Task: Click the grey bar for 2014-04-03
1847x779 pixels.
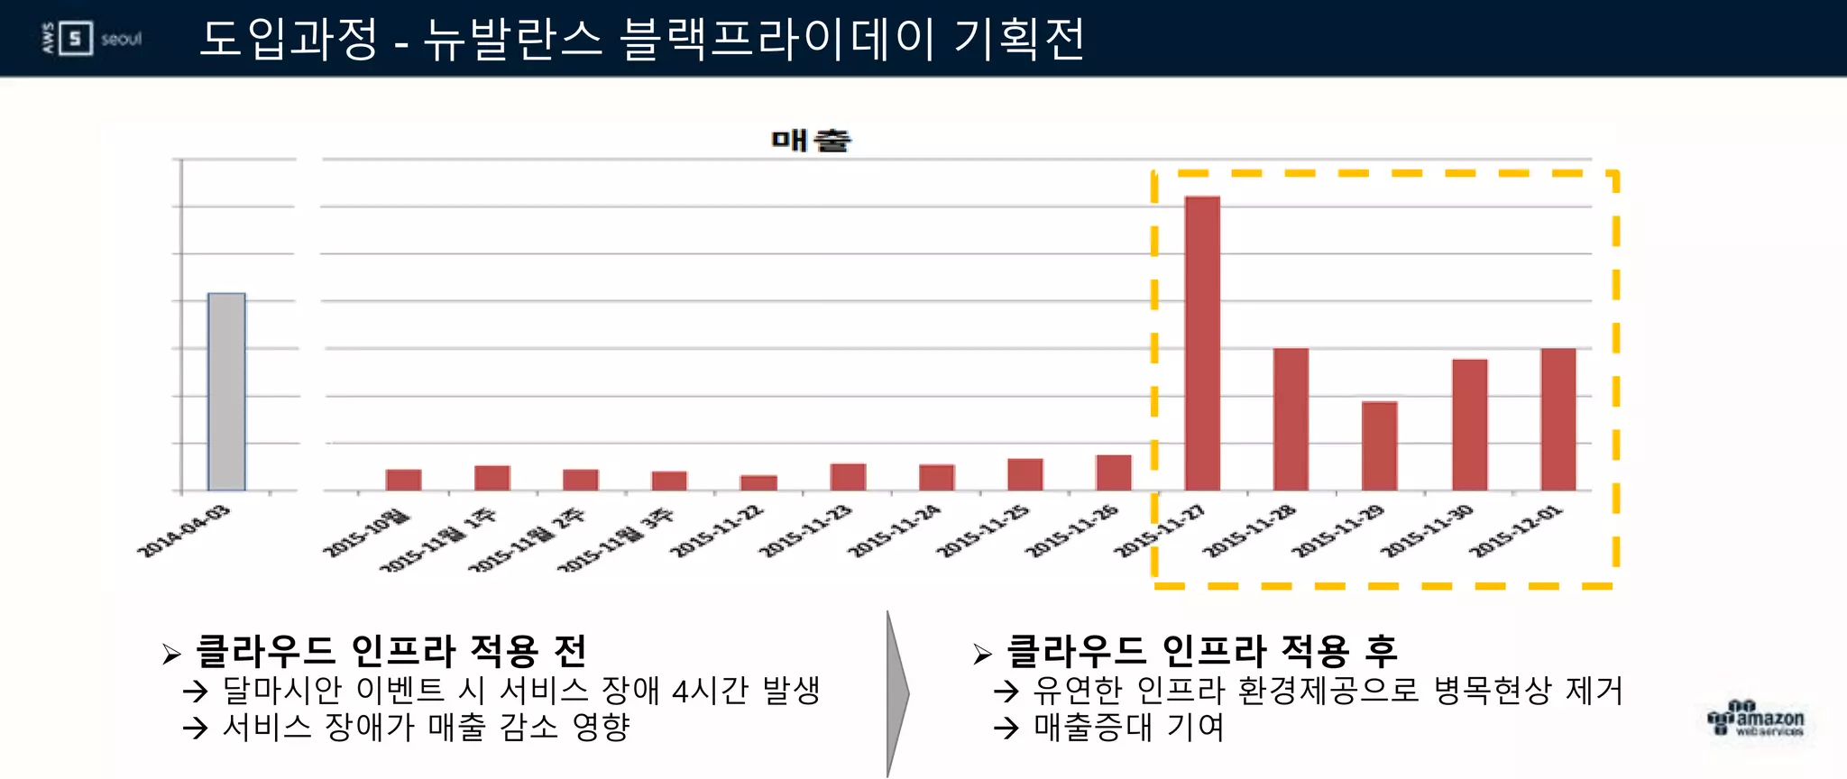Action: pos(226,391)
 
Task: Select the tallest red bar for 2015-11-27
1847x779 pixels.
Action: pos(1202,343)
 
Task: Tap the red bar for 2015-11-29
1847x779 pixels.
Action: pos(1379,445)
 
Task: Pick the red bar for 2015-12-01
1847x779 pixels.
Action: pos(1558,419)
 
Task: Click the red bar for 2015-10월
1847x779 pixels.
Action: pos(403,480)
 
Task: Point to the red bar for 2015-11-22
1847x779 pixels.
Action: pos(758,482)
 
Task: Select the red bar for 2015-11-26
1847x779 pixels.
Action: pos(1114,472)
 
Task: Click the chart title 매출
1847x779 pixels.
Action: pos(811,140)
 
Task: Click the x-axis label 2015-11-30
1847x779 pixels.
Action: pos(1427,531)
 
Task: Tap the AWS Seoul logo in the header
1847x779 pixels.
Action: pos(92,39)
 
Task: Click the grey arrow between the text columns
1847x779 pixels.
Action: pos(896,693)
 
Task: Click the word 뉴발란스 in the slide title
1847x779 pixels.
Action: pos(512,39)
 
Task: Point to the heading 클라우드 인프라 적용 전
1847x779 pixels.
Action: pos(391,651)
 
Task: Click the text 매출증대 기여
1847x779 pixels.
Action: pos(1129,727)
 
